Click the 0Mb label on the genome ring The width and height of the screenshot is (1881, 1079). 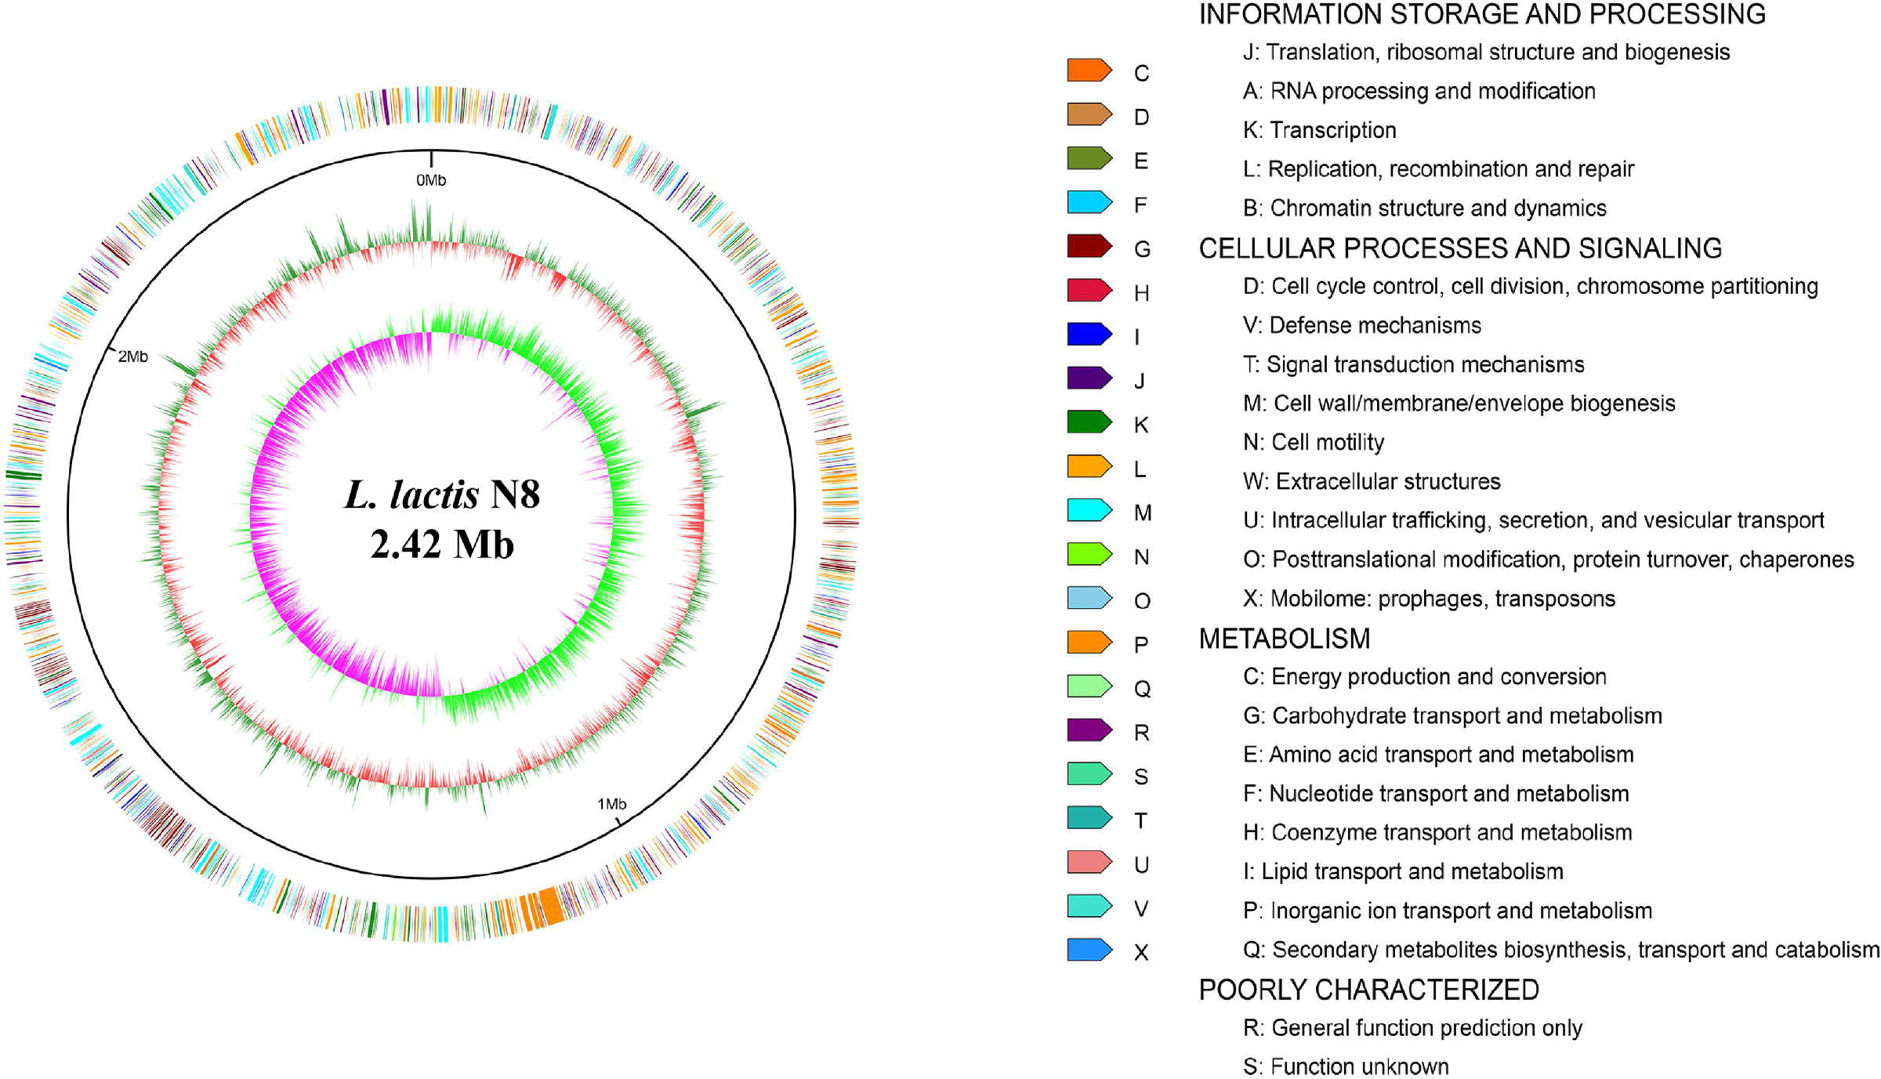click(x=430, y=180)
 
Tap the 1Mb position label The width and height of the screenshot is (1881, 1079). click(x=611, y=804)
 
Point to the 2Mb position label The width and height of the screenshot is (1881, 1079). click(x=132, y=357)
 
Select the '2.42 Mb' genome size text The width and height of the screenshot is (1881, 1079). click(x=442, y=545)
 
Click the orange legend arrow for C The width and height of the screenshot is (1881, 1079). click(x=1089, y=71)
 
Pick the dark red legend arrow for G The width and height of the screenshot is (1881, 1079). click(x=1089, y=247)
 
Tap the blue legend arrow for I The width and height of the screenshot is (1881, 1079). click(x=1089, y=335)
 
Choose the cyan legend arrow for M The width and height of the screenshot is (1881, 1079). click(x=1089, y=511)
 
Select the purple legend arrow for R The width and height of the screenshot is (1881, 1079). click(x=1089, y=730)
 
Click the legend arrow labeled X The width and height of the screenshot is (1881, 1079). click(x=1089, y=950)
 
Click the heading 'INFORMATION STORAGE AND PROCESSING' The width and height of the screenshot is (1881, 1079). click(x=1481, y=15)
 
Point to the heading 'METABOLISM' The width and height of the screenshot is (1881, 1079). click(x=1284, y=639)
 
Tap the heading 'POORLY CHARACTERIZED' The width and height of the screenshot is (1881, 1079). click(x=1368, y=990)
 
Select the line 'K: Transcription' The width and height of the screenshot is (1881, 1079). click(x=1319, y=130)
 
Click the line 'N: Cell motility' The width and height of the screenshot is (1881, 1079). click(x=1313, y=442)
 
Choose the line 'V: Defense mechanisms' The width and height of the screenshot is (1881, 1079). click(x=1361, y=325)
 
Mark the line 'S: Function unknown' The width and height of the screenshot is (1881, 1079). click(x=1345, y=1066)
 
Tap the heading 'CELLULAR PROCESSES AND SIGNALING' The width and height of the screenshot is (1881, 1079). click(x=1459, y=248)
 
